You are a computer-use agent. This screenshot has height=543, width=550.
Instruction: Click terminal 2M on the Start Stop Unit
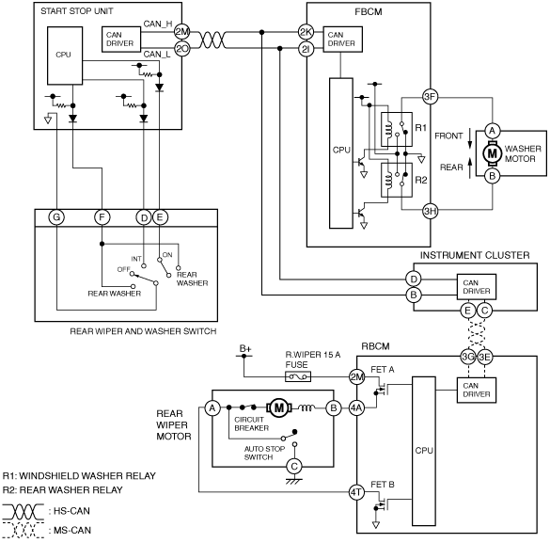(182, 32)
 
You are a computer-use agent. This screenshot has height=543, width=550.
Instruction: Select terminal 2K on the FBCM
(306, 32)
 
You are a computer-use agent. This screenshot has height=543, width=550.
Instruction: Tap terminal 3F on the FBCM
(430, 97)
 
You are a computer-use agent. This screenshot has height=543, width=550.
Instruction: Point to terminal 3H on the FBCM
(430, 211)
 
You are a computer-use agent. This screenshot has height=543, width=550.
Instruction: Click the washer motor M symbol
(492, 153)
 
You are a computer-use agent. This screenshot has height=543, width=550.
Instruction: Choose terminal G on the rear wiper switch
(56, 217)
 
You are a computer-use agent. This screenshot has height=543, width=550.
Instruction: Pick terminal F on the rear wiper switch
(102, 217)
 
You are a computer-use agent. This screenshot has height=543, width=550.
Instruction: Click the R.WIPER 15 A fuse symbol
(298, 377)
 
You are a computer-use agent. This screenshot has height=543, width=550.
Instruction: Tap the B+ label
(245, 348)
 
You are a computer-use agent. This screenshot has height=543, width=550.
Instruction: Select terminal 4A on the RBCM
(356, 407)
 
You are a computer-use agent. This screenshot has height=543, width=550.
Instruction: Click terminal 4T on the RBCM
(356, 492)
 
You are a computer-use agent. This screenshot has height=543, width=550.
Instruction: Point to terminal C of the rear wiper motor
(294, 467)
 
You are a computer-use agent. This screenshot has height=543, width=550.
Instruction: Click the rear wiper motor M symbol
(279, 407)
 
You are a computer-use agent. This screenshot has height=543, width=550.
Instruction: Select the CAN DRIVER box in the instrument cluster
(477, 287)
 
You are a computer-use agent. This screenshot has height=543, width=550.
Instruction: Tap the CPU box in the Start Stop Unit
(65, 56)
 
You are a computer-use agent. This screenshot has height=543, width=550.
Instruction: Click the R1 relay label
(421, 128)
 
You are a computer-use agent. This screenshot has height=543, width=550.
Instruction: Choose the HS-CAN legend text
(71, 511)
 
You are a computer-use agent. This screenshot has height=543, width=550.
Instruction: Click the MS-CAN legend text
(71, 530)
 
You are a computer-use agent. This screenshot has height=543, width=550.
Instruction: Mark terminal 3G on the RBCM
(468, 357)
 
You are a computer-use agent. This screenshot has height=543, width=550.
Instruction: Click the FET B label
(383, 485)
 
